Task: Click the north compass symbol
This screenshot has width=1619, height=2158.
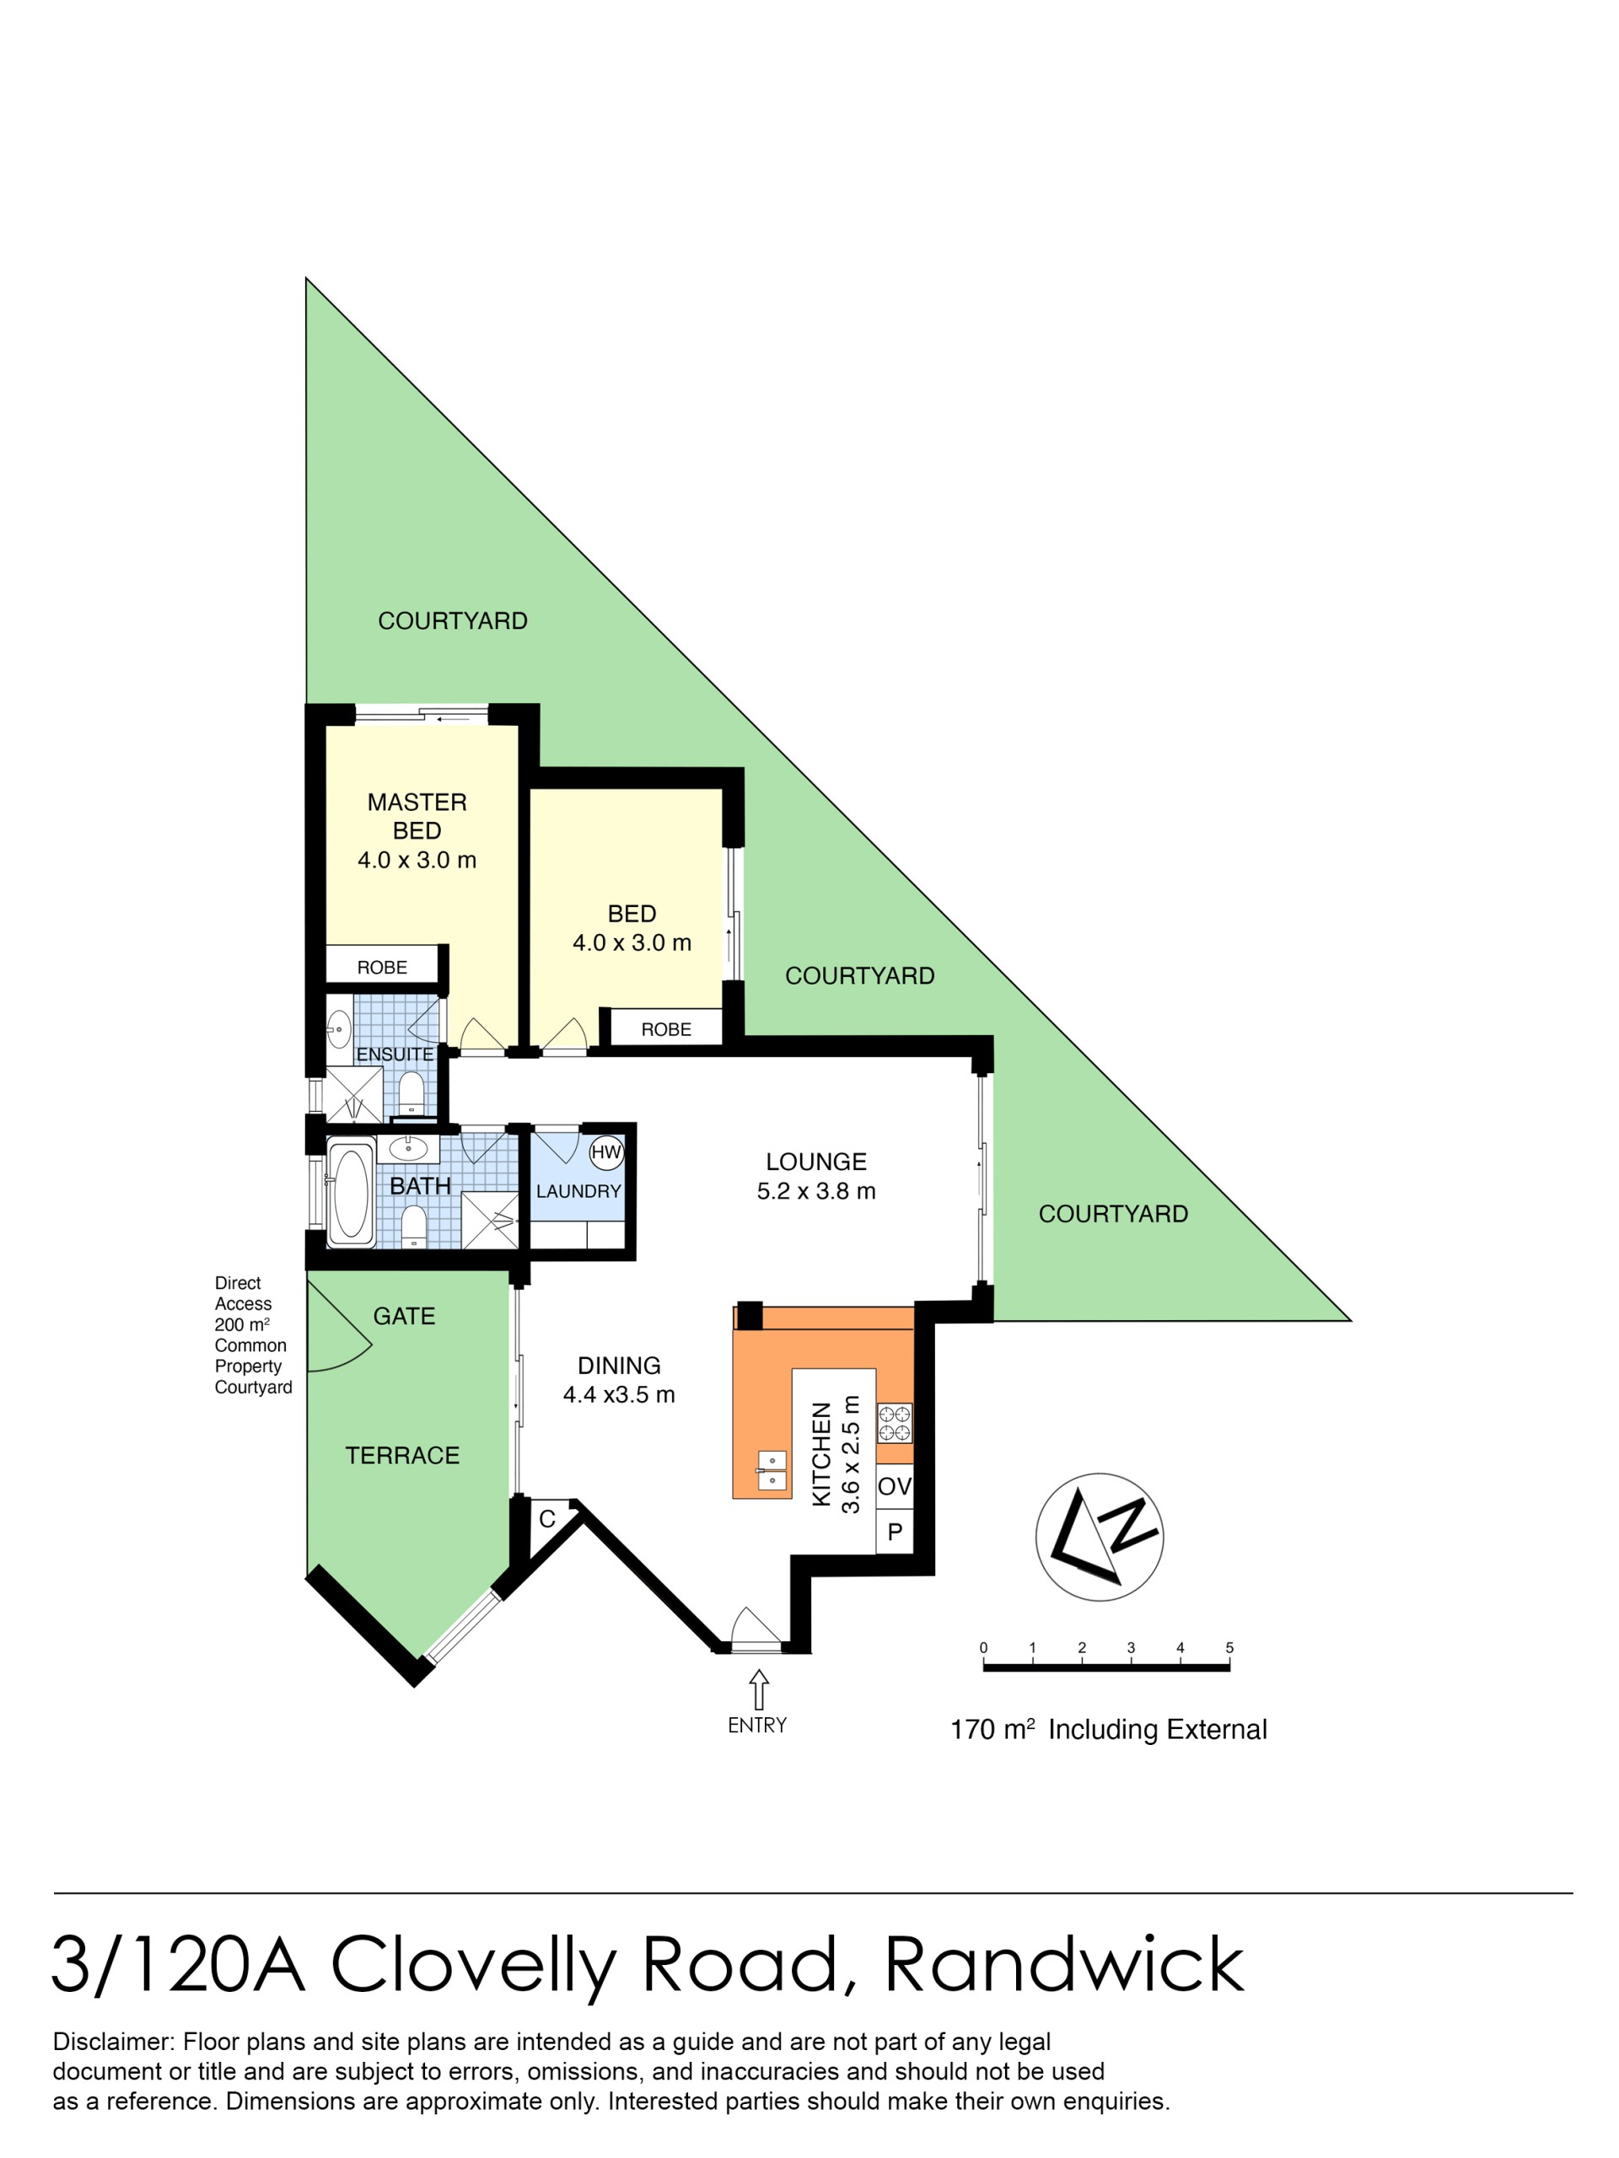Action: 1099,1537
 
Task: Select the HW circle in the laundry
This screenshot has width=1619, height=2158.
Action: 606,1152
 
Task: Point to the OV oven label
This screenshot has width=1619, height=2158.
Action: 894,1487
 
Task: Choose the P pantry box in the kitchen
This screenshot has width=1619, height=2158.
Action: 895,1532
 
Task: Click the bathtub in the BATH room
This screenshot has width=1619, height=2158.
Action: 350,1192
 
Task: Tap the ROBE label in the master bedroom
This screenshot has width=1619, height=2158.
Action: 382,967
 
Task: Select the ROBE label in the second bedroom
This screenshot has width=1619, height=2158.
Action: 665,1029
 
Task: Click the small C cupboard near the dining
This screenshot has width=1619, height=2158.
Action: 547,1519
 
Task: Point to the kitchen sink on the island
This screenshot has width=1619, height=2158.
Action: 772,1470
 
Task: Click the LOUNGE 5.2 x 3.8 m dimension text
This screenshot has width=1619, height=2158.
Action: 816,1191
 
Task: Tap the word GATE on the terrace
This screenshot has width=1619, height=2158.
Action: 404,1316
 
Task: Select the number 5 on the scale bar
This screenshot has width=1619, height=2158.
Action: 1229,1648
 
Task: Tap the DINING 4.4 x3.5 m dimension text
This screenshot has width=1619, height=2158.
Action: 619,1395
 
